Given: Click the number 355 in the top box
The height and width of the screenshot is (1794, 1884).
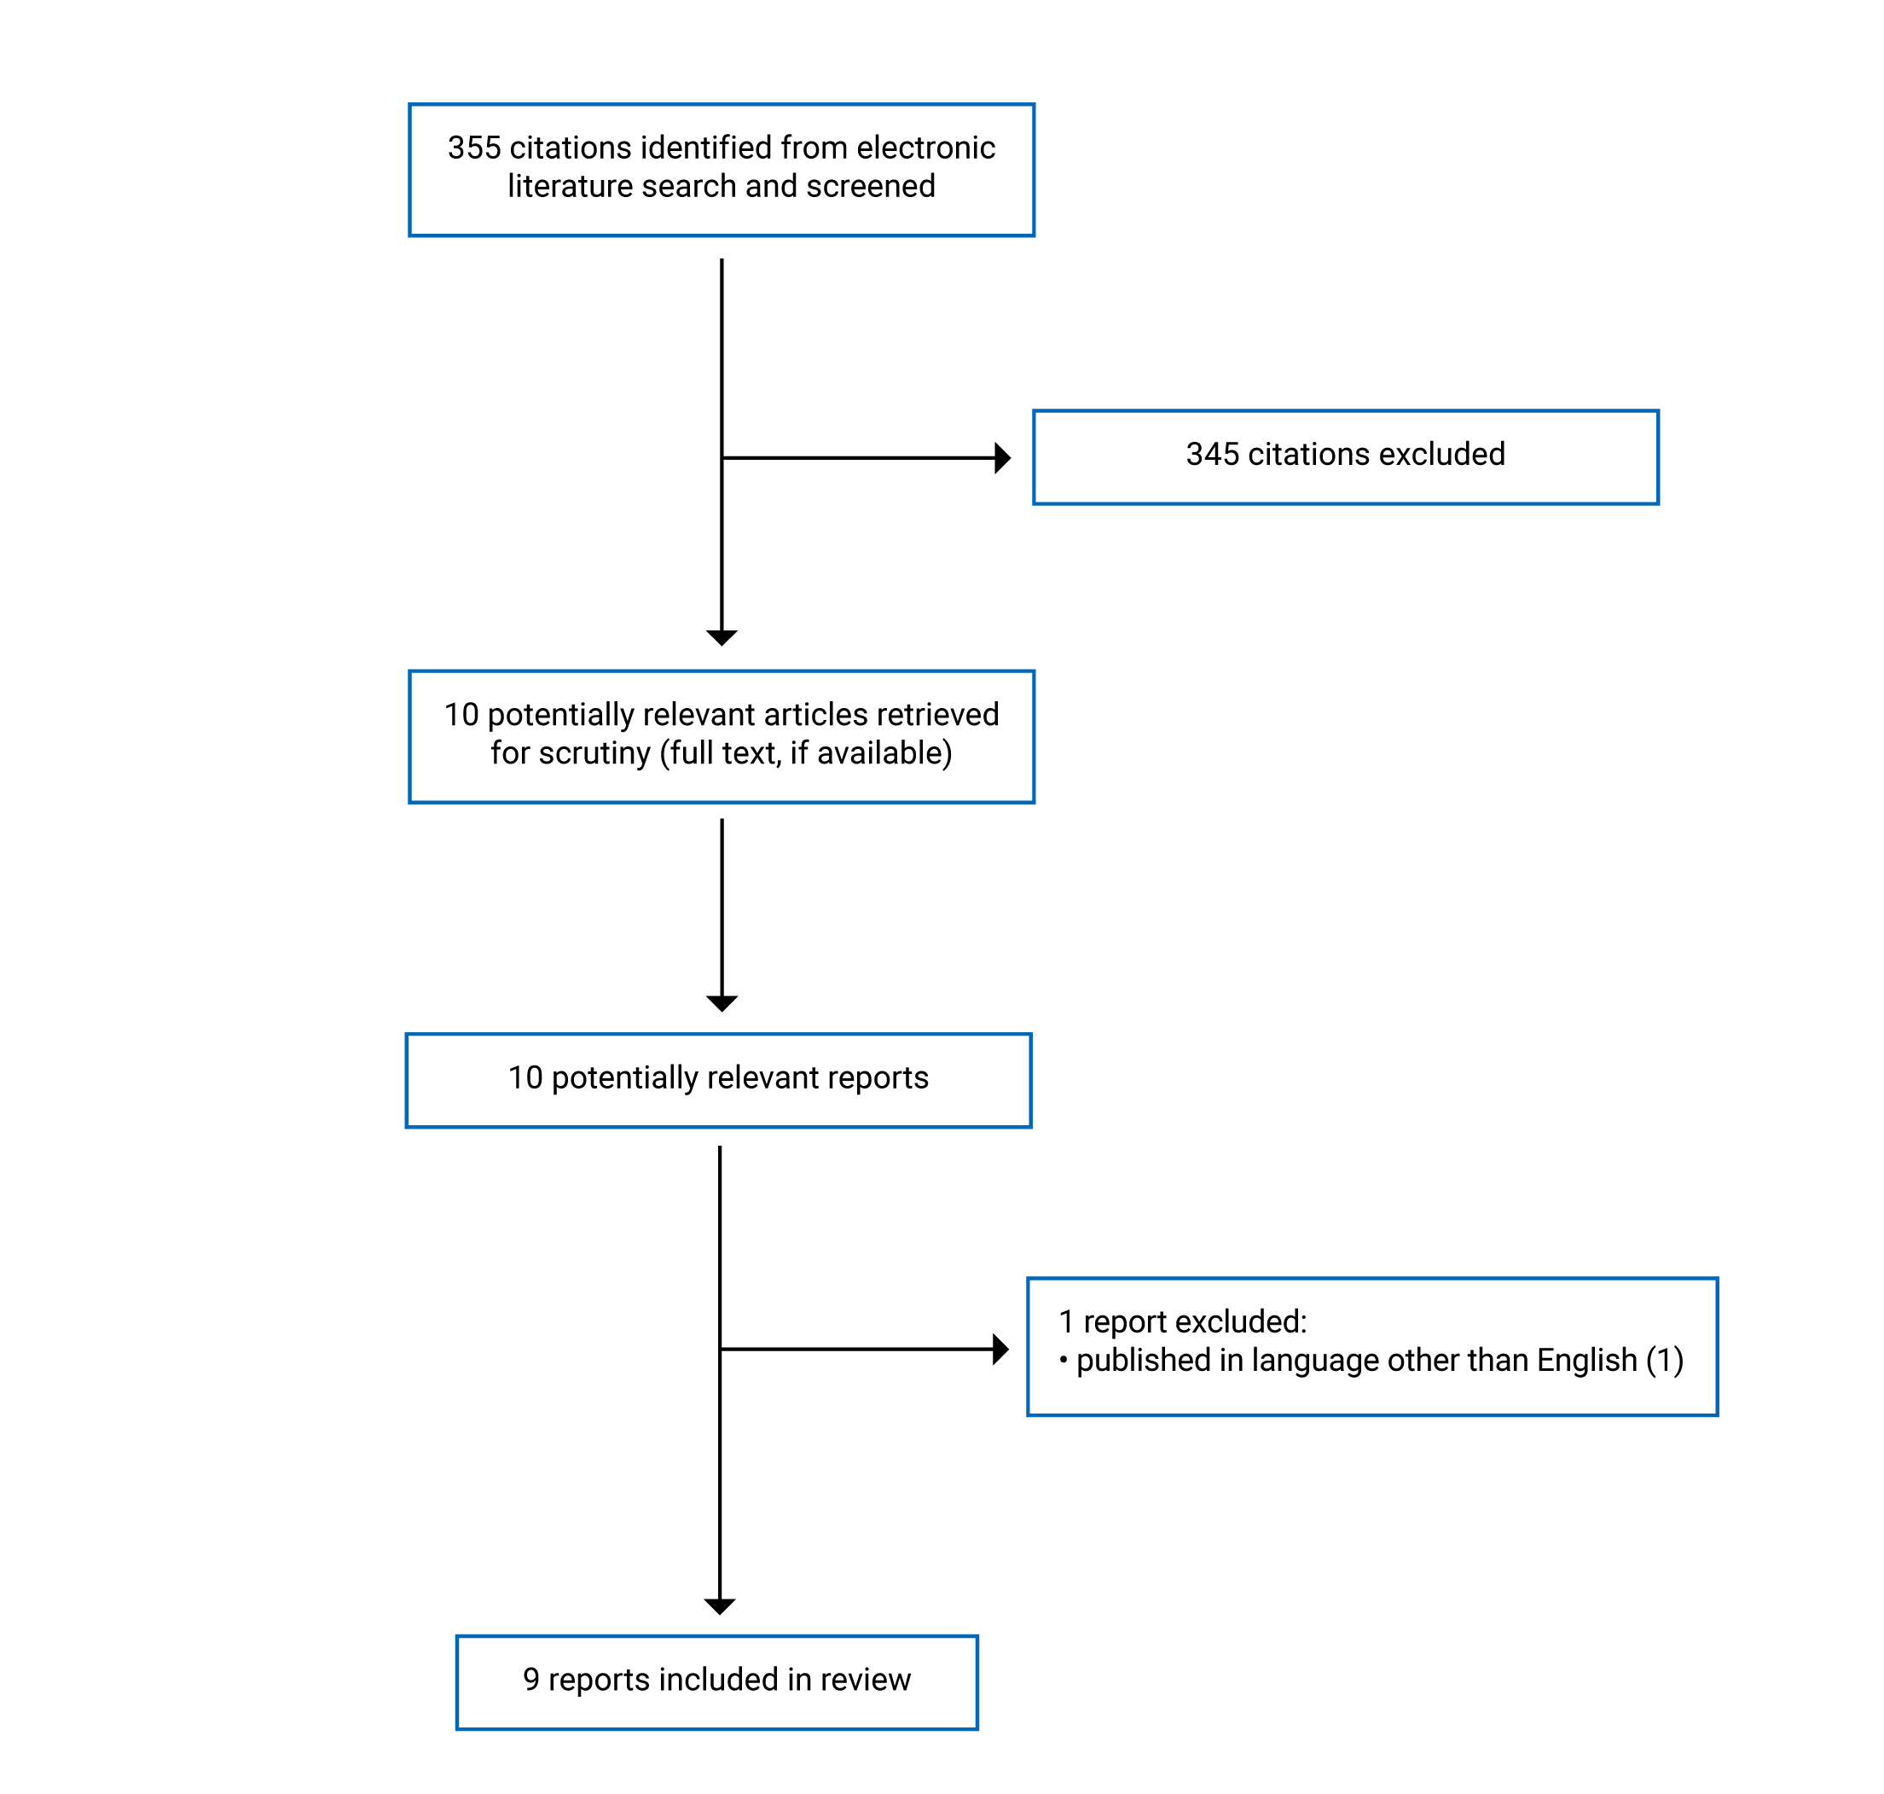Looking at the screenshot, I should [474, 148].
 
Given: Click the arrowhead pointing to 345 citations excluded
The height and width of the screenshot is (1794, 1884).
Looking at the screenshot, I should [1002, 458].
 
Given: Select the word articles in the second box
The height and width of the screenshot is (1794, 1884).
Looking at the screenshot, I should [812, 716].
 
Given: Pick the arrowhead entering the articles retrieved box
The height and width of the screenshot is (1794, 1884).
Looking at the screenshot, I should [722, 638].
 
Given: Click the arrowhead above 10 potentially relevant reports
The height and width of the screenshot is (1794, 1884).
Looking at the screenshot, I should [722, 1003].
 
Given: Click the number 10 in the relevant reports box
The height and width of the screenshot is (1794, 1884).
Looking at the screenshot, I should [525, 1077].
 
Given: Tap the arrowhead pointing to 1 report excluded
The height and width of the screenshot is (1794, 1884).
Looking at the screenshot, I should [1000, 1350].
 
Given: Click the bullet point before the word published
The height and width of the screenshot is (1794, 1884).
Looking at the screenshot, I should [1063, 1360].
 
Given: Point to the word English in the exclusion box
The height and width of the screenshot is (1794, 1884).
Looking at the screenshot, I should [1586, 1360].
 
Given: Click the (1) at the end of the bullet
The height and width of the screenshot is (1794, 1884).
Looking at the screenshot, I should [1664, 1360].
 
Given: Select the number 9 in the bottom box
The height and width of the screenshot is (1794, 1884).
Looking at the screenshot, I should [531, 1679].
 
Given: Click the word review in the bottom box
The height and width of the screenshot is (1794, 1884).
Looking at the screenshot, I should [865, 1679].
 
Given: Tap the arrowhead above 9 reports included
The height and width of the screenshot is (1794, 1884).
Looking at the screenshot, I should [720, 1606].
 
